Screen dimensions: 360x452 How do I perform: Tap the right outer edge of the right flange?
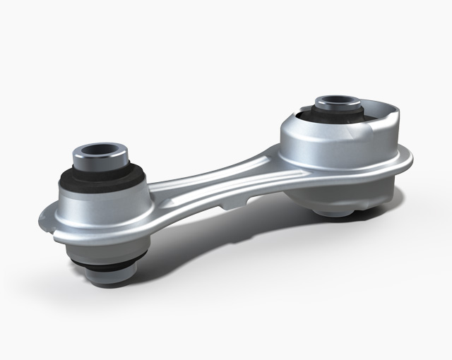pyautogui.click(x=412, y=164)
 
